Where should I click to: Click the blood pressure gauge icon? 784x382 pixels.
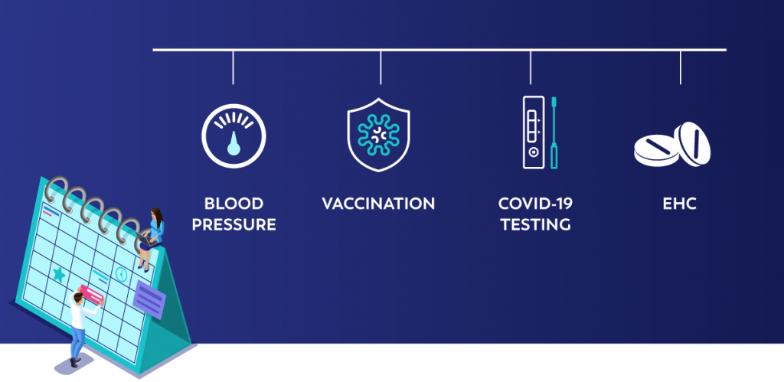point(234,135)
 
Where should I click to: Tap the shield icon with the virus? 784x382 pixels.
point(378,135)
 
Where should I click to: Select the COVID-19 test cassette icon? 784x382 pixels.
point(533,132)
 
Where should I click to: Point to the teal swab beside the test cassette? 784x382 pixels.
point(554,132)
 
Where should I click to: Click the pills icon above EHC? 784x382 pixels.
point(672,145)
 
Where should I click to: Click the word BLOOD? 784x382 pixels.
point(234,204)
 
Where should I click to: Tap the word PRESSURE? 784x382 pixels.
point(234,224)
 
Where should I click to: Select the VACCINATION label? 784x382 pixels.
point(378,204)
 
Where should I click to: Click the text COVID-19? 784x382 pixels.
point(535,204)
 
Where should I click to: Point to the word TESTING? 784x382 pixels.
point(535,224)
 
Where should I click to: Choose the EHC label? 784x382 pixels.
point(680,204)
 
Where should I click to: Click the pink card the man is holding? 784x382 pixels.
point(91,294)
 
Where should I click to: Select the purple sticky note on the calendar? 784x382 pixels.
point(149,299)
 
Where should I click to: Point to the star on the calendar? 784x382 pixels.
point(59,274)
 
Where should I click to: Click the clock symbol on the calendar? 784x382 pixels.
point(121,273)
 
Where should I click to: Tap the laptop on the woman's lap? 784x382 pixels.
point(145,240)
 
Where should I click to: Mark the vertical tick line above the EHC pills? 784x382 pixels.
point(680,67)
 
